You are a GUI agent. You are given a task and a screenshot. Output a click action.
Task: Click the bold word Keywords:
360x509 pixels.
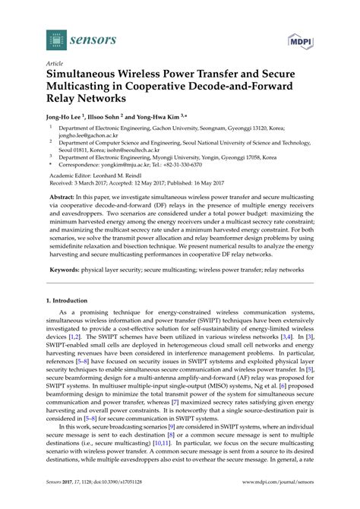click(x=67, y=270)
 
